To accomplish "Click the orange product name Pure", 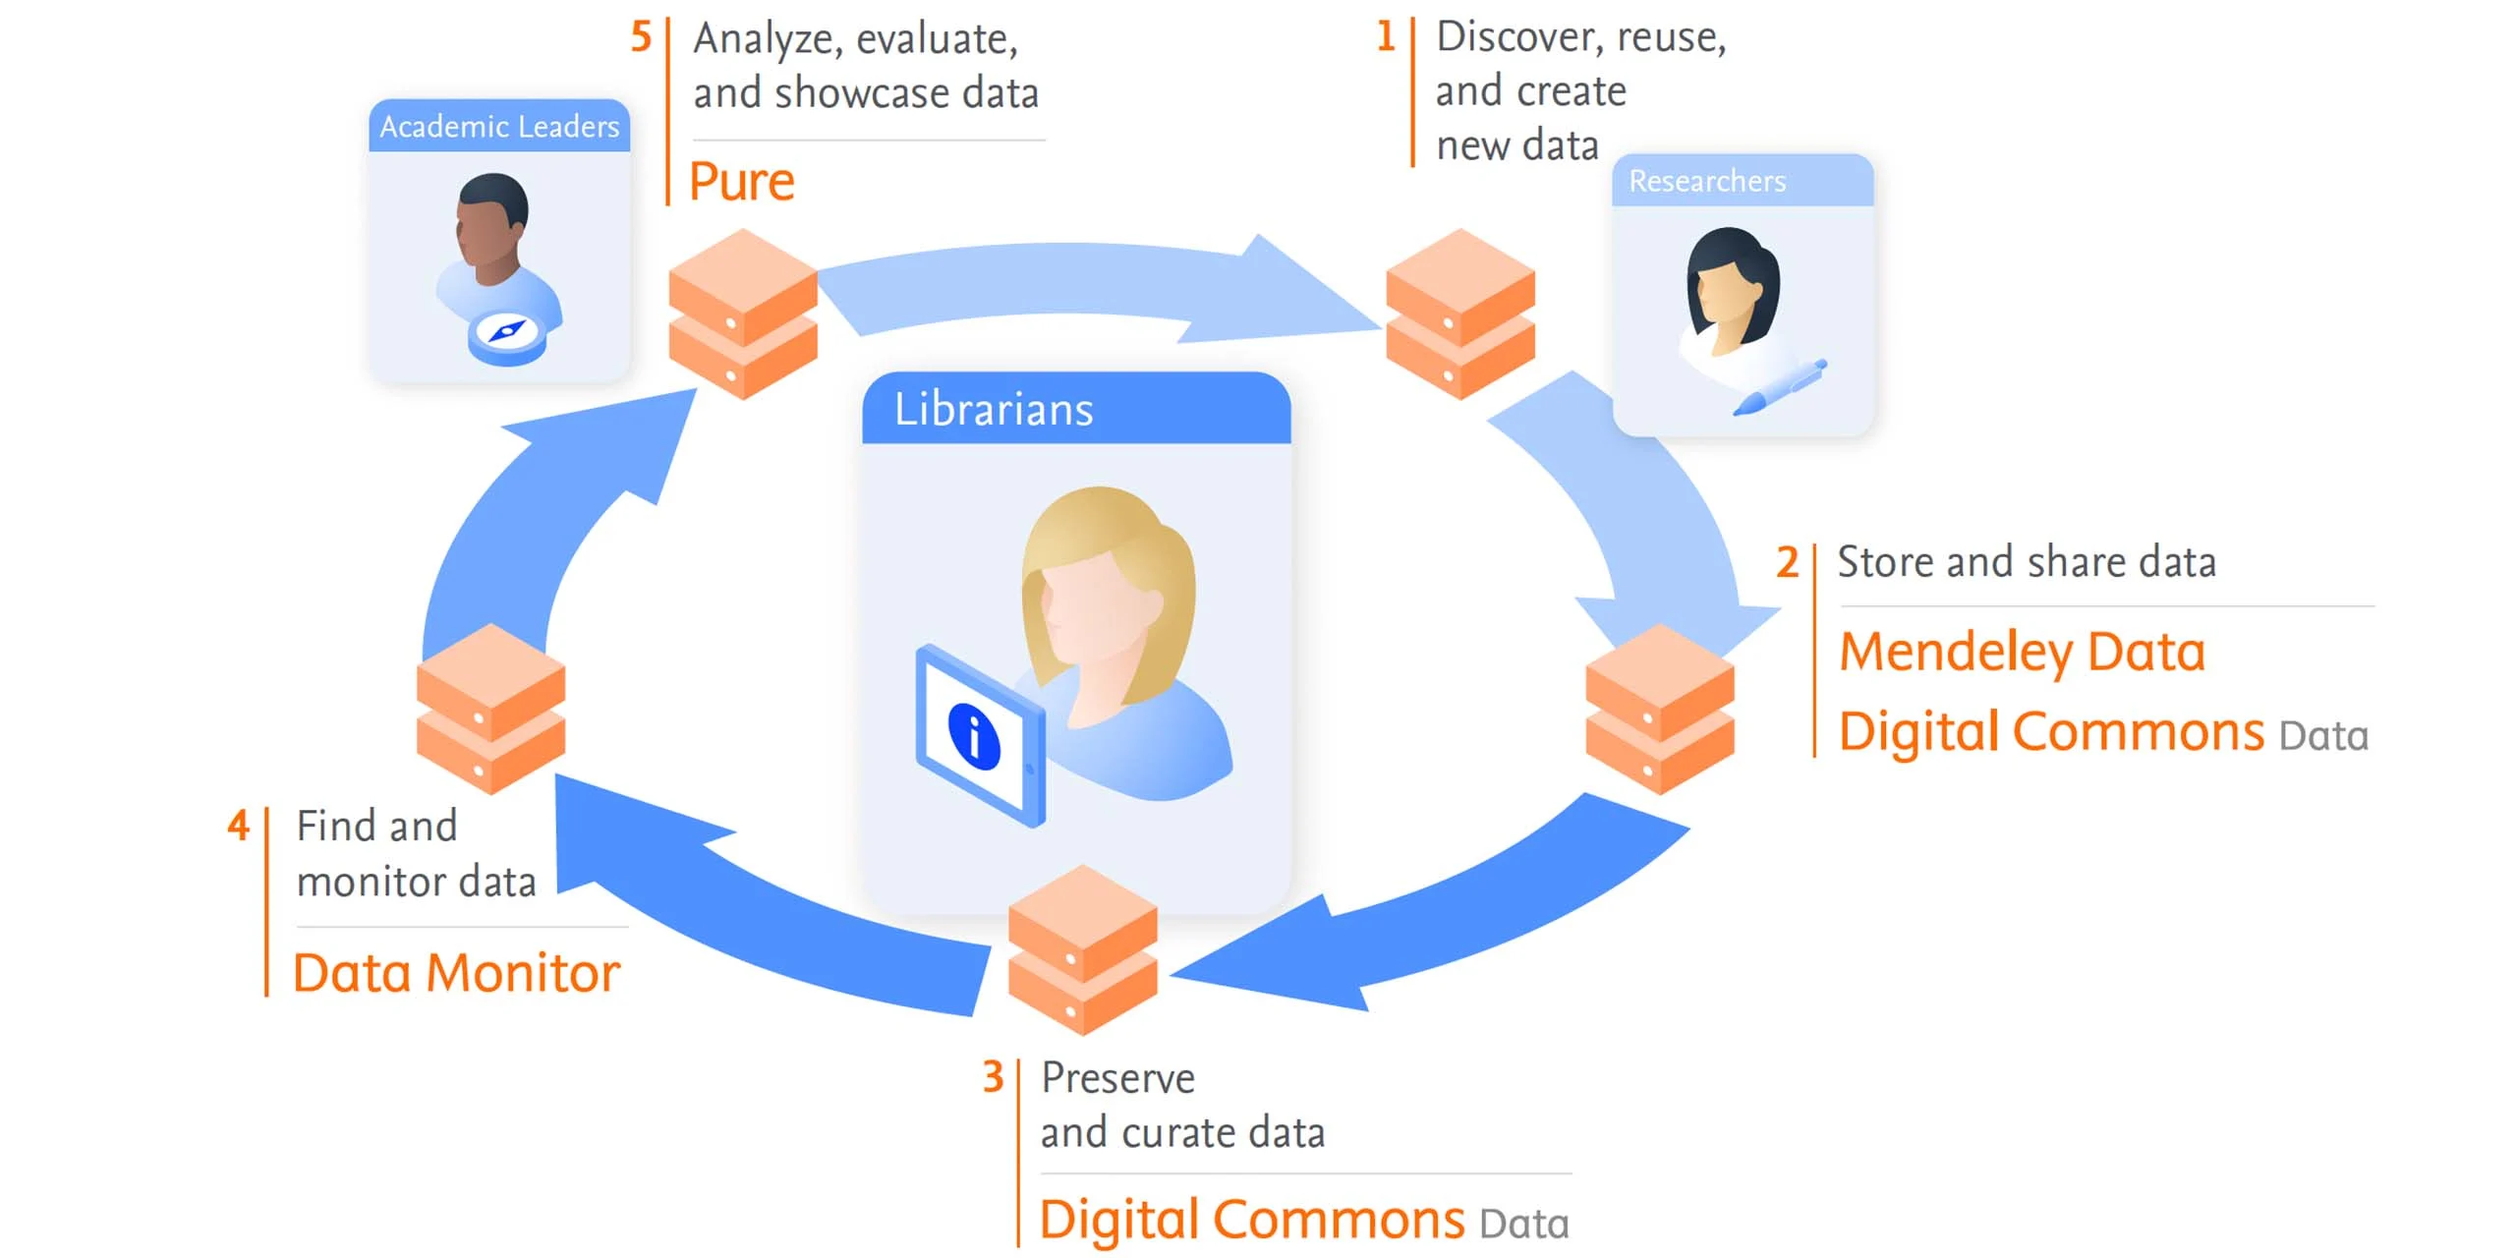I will pyautogui.click(x=742, y=182).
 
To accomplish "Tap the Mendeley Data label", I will pyautogui.click(x=2022, y=652).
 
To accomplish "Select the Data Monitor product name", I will pyautogui.click(x=457, y=973).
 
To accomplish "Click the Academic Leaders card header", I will pyautogui.click(x=499, y=127).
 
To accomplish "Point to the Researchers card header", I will pyautogui.click(x=1707, y=181).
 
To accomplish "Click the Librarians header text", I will pyautogui.click(x=994, y=409).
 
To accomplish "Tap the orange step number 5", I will pyautogui.click(x=641, y=37).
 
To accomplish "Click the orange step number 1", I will pyautogui.click(x=1386, y=36).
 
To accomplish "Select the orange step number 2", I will pyautogui.click(x=1787, y=562).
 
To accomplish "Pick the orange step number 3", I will pyautogui.click(x=993, y=1077).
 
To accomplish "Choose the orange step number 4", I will pyautogui.click(x=238, y=826).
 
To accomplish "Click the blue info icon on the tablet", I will pyautogui.click(x=973, y=736).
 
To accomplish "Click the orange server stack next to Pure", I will pyautogui.click(x=743, y=314).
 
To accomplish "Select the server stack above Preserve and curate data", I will pyautogui.click(x=1082, y=949).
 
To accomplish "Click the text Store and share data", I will pyautogui.click(x=2027, y=562).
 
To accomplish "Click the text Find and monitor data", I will pyautogui.click(x=416, y=853).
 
